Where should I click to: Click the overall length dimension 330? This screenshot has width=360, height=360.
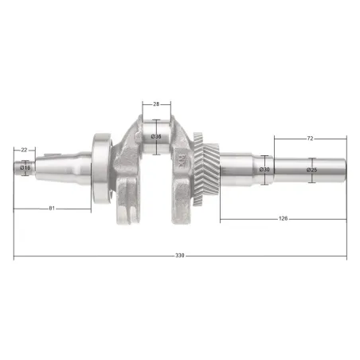tap(180, 256)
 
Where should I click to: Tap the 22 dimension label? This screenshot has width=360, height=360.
tap(24, 150)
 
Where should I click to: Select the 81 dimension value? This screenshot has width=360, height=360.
tap(52, 209)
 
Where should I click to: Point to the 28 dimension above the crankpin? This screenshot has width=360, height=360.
tap(156, 104)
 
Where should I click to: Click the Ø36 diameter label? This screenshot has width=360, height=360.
tap(156, 136)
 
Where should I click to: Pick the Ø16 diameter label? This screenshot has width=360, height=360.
tap(25, 167)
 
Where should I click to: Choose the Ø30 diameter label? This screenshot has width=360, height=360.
tap(264, 170)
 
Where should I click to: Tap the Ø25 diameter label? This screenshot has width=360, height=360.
tap(311, 170)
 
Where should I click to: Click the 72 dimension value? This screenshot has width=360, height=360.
tap(310, 139)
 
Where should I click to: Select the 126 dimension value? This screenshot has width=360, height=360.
tap(283, 218)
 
